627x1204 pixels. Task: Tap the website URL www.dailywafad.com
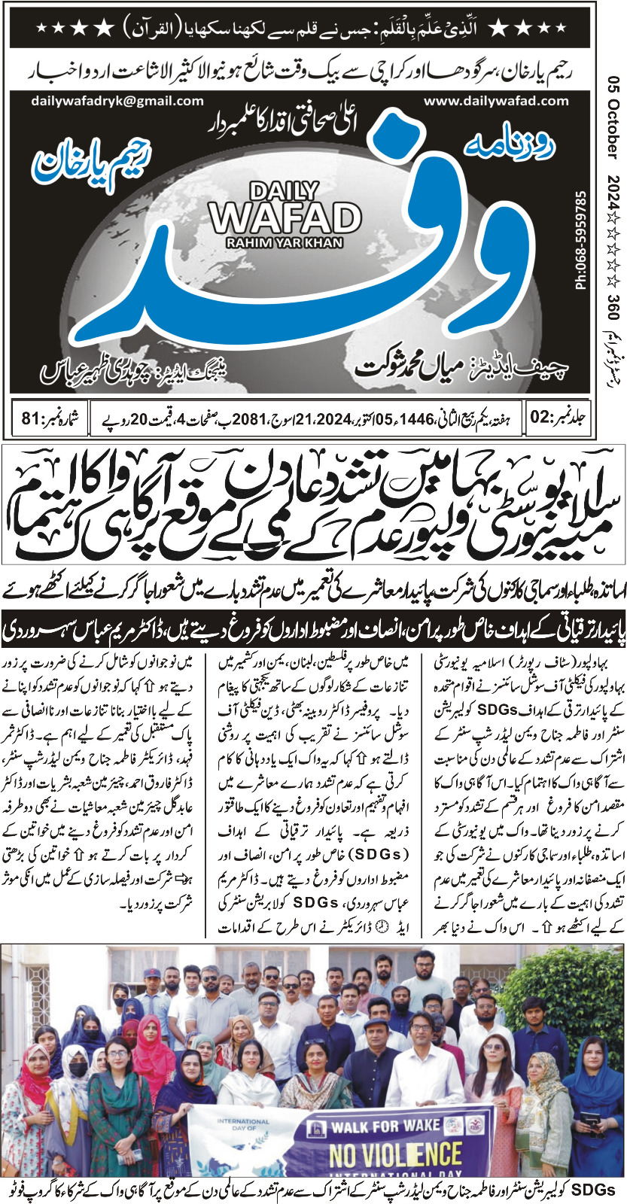(x=496, y=101)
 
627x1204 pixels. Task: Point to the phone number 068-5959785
(x=580, y=241)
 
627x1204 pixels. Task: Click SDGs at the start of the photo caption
(x=595, y=1190)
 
